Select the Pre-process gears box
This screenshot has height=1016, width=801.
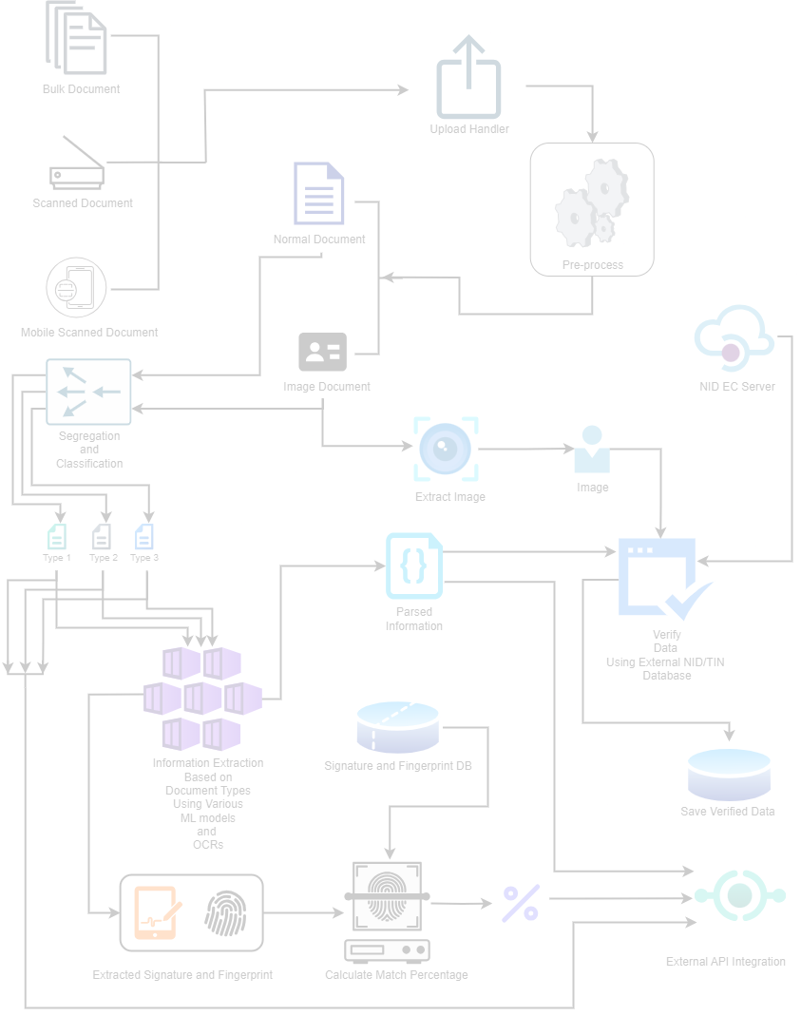click(592, 209)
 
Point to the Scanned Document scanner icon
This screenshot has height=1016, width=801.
click(78, 164)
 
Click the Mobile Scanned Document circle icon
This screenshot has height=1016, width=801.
click(77, 290)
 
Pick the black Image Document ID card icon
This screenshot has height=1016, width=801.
click(323, 352)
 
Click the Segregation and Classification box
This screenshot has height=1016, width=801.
click(88, 391)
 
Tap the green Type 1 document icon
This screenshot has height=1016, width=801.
click(58, 535)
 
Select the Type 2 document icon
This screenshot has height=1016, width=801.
click(102, 535)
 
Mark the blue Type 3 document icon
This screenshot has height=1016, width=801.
click(143, 535)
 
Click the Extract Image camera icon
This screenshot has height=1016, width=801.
click(447, 449)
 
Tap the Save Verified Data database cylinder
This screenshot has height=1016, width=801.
click(729, 774)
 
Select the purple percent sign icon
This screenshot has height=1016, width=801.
click(521, 903)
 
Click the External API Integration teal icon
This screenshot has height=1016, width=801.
click(739, 895)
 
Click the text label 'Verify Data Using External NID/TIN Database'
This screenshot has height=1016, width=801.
click(665, 655)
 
